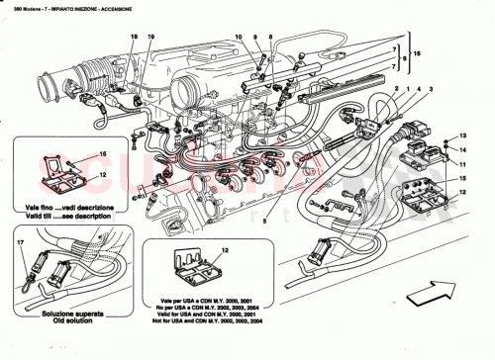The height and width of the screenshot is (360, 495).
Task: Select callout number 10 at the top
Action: coord(238,37)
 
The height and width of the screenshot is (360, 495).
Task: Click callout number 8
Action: coord(269,37)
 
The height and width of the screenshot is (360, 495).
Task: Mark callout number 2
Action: coord(398,91)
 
